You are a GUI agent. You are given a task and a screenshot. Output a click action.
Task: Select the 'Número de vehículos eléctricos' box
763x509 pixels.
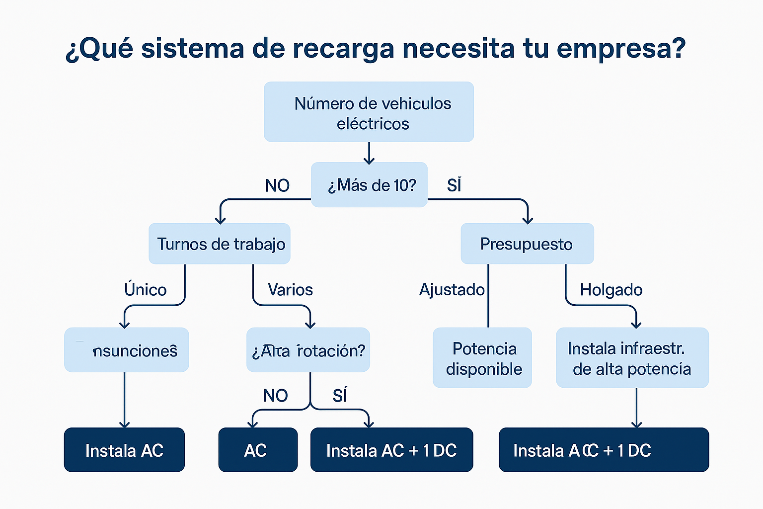[369, 112]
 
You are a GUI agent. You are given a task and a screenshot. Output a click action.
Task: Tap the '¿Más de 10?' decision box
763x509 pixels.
[369, 185]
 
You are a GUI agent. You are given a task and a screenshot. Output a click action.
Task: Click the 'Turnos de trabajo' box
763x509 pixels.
[220, 244]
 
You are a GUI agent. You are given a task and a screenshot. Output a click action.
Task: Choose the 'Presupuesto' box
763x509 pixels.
[527, 244]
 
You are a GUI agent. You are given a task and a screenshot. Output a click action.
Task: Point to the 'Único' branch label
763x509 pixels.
[145, 289]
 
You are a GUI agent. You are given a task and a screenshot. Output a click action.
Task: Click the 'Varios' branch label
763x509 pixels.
[290, 289]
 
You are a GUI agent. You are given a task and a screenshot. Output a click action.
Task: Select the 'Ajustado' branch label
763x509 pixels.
[452, 289]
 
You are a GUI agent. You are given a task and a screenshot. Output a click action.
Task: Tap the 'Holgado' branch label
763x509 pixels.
[611, 289]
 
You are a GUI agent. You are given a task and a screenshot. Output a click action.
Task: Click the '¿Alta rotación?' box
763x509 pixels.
[308, 350]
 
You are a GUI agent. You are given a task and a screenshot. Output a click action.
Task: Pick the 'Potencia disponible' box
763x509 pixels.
[482, 358]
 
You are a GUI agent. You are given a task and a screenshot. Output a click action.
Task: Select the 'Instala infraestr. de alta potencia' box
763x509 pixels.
[632, 358]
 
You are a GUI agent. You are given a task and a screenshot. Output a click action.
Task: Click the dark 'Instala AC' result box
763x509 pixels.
[124, 450]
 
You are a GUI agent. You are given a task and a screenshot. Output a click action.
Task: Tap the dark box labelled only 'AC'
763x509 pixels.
[258, 450]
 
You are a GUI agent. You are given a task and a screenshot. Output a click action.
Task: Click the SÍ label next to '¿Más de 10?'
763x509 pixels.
[454, 185]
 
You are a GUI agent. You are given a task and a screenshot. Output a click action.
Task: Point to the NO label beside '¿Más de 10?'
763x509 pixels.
[277, 185]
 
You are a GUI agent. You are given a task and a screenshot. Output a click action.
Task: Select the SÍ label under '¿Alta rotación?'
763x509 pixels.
[340, 396]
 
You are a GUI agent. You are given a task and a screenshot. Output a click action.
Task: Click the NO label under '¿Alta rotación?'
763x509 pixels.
[275, 396]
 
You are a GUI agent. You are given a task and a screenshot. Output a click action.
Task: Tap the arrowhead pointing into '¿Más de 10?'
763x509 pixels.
[369, 160]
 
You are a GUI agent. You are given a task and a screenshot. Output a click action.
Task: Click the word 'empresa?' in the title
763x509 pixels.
[621, 49]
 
